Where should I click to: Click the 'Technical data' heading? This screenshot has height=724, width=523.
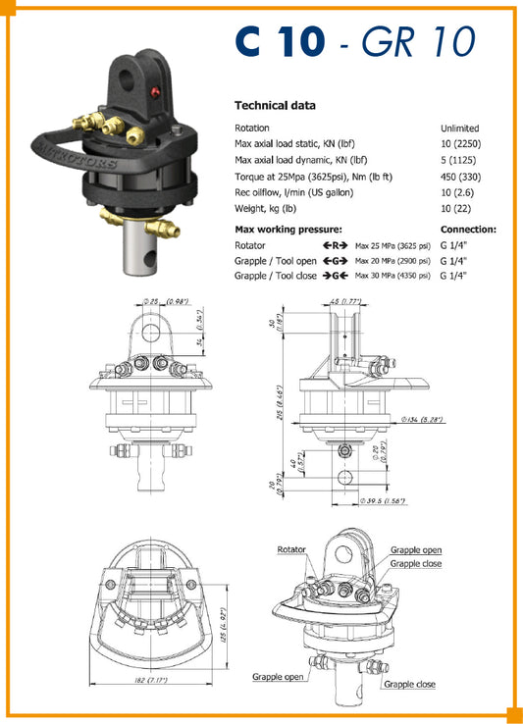pyautogui.click(x=275, y=105)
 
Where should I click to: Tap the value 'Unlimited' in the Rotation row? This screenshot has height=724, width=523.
pyautogui.click(x=459, y=129)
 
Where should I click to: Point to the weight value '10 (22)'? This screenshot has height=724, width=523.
pyautogui.click(x=454, y=208)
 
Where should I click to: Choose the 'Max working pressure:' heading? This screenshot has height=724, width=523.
pyautogui.click(x=284, y=230)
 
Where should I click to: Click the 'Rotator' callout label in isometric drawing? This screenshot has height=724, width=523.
pyautogui.click(x=291, y=550)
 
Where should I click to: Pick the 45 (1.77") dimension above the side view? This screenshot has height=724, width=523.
pyautogui.click(x=346, y=301)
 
